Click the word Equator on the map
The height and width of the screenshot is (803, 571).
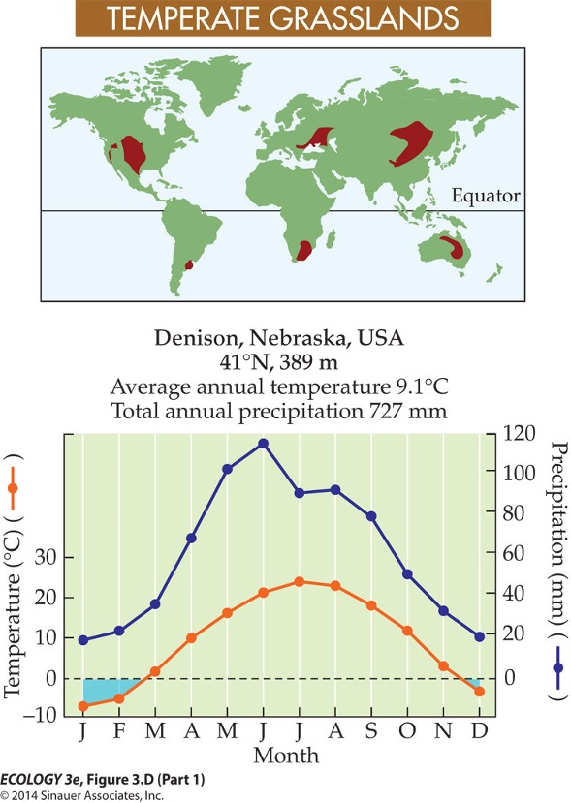(486, 196)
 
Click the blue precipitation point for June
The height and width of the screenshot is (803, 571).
(263, 444)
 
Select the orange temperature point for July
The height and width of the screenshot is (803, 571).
(300, 582)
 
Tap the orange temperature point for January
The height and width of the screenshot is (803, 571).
(83, 706)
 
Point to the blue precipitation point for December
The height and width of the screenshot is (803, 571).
(479, 637)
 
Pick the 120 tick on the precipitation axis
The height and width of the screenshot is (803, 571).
(519, 434)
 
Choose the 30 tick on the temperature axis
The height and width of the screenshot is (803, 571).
(47, 557)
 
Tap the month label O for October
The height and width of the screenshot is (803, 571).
(407, 730)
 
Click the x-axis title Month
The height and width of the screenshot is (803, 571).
(286, 756)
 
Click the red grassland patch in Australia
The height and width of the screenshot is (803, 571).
(454, 247)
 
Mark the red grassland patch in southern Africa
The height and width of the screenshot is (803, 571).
(304, 251)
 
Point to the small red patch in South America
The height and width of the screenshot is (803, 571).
(189, 264)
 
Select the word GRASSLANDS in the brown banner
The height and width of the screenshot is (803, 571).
(364, 18)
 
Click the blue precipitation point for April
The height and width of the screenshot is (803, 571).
(191, 538)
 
